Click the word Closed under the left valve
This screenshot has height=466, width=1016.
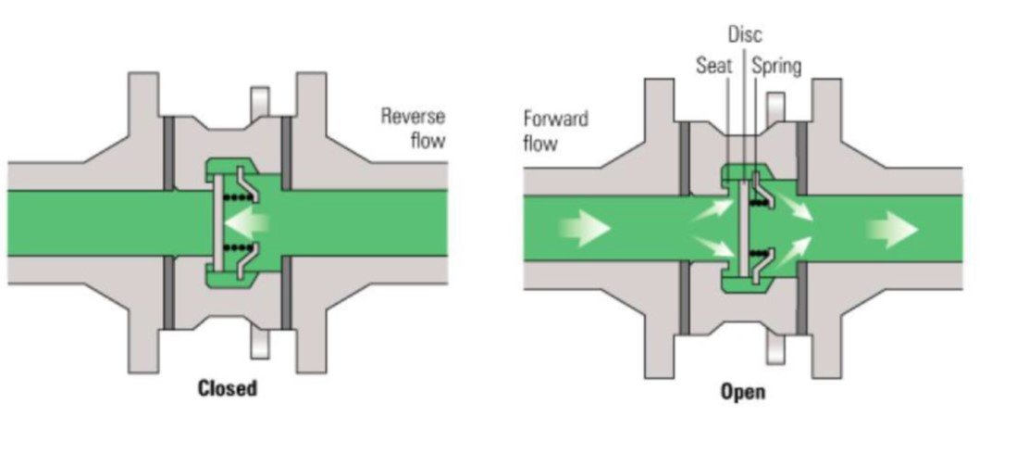227,389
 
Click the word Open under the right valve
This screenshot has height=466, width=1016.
742,392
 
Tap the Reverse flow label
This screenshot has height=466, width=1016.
413,128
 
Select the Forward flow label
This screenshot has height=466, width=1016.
556,131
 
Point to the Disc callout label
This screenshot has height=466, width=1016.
745,33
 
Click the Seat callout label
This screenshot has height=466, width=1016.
714,66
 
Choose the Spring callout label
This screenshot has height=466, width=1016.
777,66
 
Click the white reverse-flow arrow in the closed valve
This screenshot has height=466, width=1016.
246,222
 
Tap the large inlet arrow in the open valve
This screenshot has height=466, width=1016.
584,228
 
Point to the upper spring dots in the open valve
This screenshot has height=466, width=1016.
759,203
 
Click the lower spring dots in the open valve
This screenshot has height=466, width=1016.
759,253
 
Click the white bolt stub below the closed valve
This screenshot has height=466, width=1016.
260,344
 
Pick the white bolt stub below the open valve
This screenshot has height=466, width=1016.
775,349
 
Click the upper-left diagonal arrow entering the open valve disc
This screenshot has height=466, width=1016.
712,211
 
